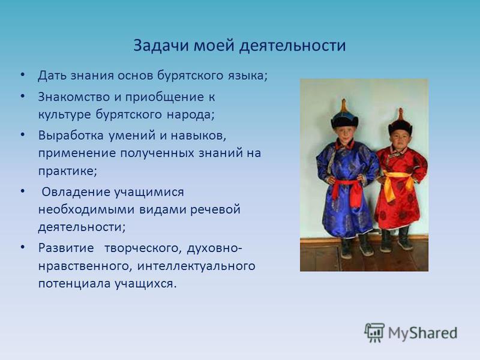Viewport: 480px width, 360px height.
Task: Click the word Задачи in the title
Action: coord(161,46)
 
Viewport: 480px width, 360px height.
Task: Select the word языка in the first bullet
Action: coord(247,76)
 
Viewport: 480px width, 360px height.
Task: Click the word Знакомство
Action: coord(74,97)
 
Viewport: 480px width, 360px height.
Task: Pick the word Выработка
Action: coord(71,136)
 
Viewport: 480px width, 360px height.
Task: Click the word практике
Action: coord(67,171)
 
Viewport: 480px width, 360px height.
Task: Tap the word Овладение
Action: coord(76,193)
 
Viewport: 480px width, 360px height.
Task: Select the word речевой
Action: coord(215,210)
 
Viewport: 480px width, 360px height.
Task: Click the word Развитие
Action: coord(66,248)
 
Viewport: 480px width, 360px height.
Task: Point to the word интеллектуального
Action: coord(196,266)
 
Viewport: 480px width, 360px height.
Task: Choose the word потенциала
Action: coord(74,284)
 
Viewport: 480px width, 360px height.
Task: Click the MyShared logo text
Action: coord(423,334)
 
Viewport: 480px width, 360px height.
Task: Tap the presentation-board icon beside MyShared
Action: coord(374,332)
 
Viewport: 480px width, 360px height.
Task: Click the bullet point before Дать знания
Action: coord(22,74)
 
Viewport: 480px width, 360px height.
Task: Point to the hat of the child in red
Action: coord(400,123)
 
